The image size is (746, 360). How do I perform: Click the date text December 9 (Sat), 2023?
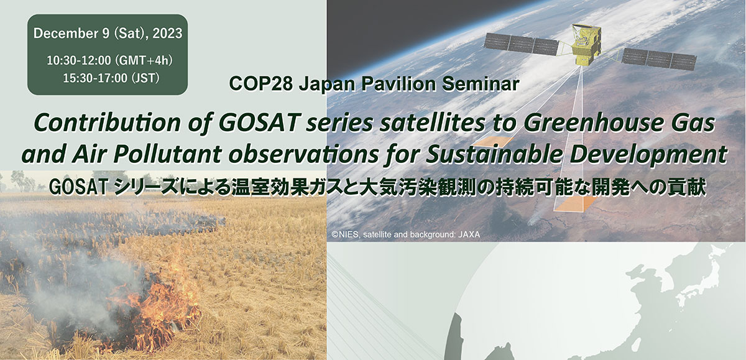click(x=108, y=34)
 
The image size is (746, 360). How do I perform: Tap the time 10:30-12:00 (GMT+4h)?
click(x=109, y=60)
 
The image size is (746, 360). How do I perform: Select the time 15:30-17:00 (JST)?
click(x=111, y=78)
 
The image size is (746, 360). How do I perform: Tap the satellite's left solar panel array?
click(x=521, y=44)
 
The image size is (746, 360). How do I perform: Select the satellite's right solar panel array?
click(x=659, y=59)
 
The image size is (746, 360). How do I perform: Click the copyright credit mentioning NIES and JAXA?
click(x=405, y=234)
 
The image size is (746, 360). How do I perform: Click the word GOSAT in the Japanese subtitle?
click(x=78, y=188)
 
